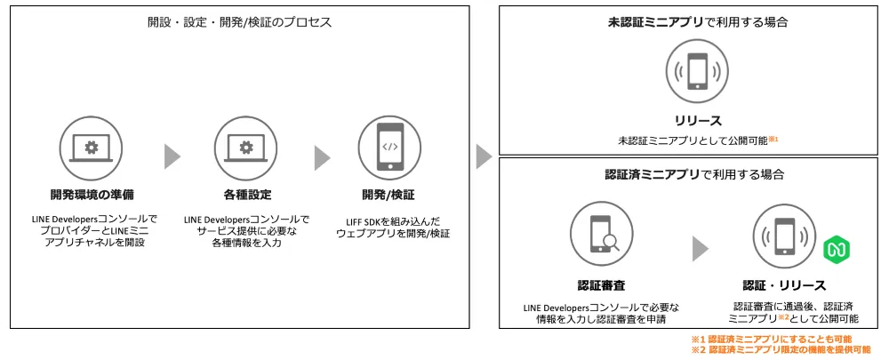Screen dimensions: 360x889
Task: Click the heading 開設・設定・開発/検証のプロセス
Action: (x=240, y=22)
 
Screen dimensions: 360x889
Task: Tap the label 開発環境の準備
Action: (x=92, y=194)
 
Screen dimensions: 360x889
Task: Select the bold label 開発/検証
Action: (x=388, y=194)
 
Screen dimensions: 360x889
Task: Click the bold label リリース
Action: (x=696, y=120)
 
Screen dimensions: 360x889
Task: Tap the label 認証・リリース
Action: (x=784, y=285)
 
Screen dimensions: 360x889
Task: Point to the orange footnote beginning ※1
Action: (x=771, y=340)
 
